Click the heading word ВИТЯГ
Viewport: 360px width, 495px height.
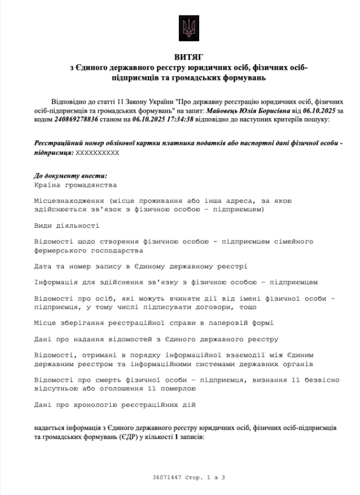[188, 57]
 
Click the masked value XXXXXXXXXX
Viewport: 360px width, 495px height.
[98, 153]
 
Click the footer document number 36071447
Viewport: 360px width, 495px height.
[165, 478]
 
